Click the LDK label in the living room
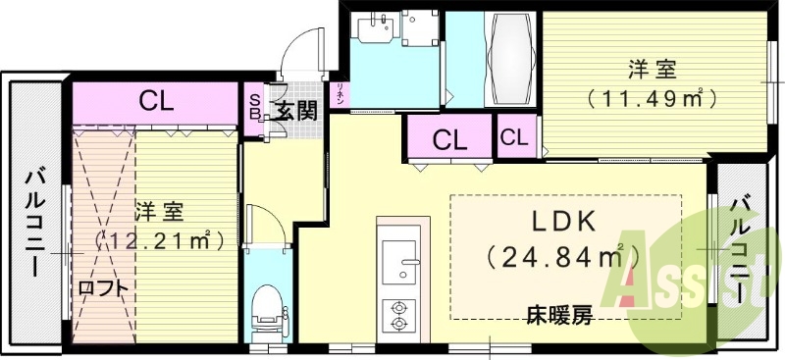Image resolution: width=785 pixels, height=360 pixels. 566,221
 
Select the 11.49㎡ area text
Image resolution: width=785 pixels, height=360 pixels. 649,98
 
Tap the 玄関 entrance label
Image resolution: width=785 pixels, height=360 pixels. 294,110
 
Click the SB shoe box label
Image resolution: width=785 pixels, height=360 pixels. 253,105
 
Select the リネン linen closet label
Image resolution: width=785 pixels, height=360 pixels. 340,94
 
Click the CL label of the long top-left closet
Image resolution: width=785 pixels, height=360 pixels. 157,100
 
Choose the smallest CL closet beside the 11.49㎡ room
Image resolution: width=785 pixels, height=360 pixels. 514,136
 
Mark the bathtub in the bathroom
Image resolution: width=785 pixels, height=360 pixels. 509,62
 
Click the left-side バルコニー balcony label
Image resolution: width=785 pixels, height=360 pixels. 34,222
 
